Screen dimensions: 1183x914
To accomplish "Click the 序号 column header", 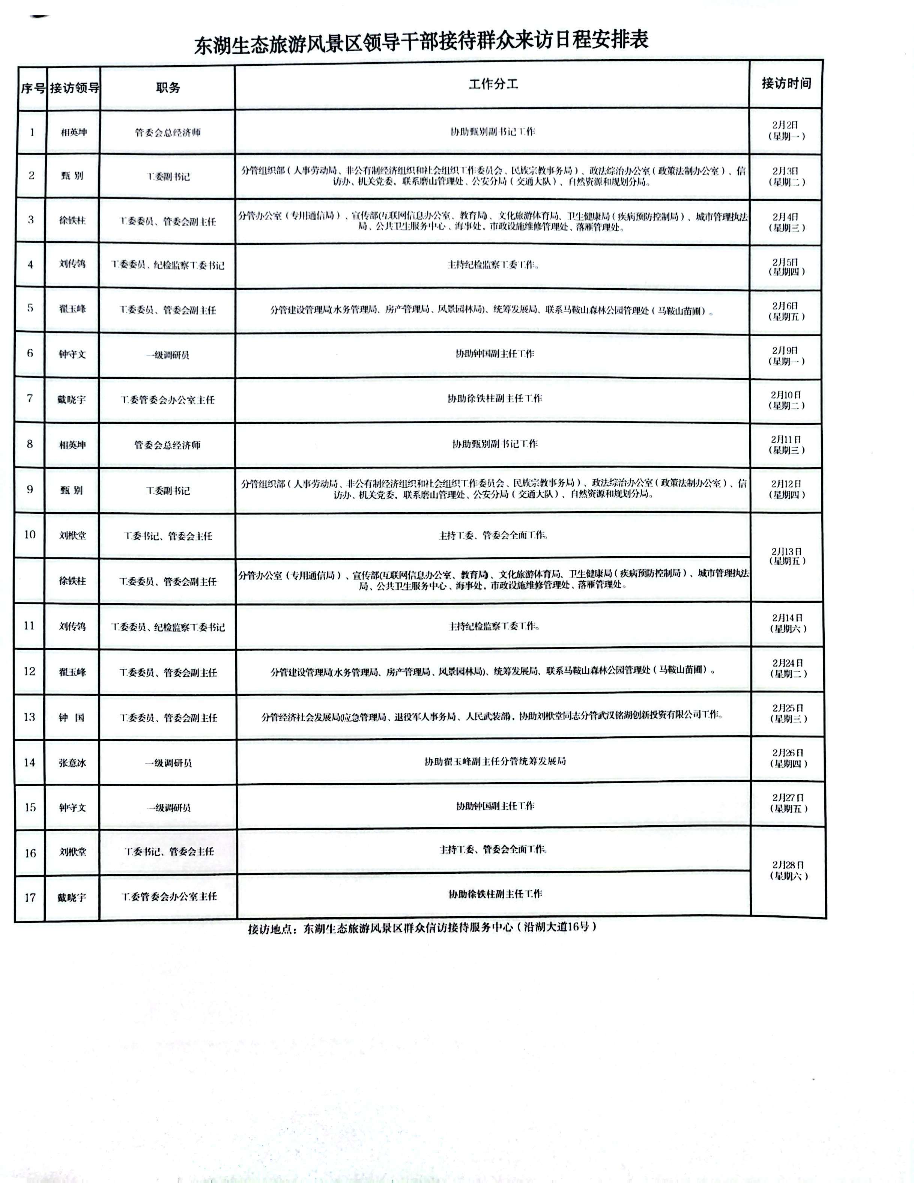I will (x=33, y=88).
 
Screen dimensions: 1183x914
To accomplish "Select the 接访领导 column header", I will (x=74, y=88).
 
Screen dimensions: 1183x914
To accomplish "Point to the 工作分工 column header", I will (x=493, y=84).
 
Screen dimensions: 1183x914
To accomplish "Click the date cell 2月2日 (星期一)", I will (x=786, y=131).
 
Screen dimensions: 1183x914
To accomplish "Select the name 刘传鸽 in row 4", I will (x=72, y=264).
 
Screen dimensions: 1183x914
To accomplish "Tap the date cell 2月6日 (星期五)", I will (x=786, y=311).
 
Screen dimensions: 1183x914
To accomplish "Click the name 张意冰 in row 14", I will (x=72, y=763).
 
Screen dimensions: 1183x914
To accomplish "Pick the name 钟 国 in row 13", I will (x=72, y=718).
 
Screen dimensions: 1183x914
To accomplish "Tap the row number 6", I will (x=30, y=353).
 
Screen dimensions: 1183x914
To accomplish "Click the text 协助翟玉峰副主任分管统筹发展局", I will (x=495, y=761).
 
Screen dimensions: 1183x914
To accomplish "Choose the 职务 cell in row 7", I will (x=168, y=400).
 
